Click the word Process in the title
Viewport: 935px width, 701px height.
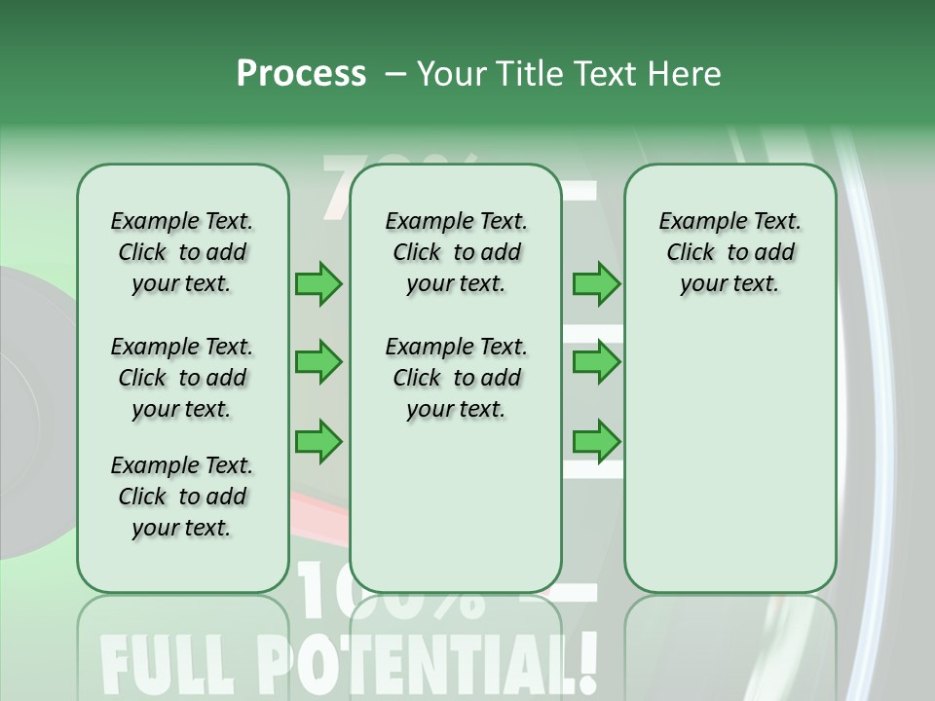pyautogui.click(x=301, y=73)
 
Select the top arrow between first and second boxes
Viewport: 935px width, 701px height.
pyautogui.click(x=318, y=283)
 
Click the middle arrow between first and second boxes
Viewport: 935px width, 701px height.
pyautogui.click(x=318, y=362)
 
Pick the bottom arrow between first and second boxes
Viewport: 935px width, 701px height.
pyautogui.click(x=318, y=441)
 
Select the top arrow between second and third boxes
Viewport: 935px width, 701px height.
pyautogui.click(x=596, y=283)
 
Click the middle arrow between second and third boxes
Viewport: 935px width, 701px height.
pyautogui.click(x=596, y=362)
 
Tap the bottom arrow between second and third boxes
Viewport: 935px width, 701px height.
pyautogui.click(x=596, y=441)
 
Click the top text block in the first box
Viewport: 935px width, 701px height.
pyautogui.click(x=182, y=252)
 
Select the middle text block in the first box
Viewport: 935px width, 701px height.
pyautogui.click(x=182, y=378)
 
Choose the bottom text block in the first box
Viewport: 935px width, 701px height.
pyautogui.click(x=182, y=497)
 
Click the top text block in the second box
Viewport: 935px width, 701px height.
pyautogui.click(x=456, y=252)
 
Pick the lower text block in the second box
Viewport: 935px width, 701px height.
pyautogui.click(x=456, y=378)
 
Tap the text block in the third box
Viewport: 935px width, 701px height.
pyautogui.click(x=729, y=252)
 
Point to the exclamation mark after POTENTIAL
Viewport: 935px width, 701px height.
pyautogui.click(x=584, y=660)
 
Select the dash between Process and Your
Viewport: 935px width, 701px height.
pyautogui.click(x=395, y=74)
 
